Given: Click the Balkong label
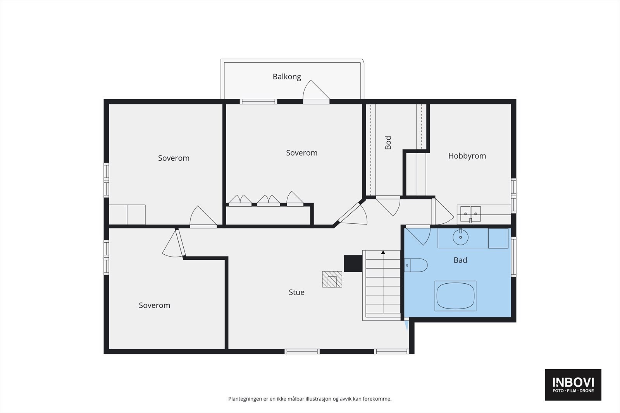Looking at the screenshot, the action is (x=287, y=77).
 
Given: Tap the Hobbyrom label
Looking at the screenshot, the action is (x=467, y=156).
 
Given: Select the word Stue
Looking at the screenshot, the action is (x=296, y=292).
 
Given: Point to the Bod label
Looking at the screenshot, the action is (x=388, y=143).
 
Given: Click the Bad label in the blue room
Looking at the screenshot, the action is (x=460, y=260).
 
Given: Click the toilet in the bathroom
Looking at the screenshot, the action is (x=415, y=266).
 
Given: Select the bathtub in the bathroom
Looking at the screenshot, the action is (x=455, y=296).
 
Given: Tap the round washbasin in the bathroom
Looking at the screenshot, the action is (x=461, y=237).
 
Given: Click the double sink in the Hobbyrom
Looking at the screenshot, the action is (x=470, y=214).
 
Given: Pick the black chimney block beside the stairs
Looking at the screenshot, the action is (x=353, y=264).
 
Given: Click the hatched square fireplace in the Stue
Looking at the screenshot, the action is (x=332, y=279).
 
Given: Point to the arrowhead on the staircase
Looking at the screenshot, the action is (x=383, y=252).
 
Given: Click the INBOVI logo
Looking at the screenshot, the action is (x=573, y=385).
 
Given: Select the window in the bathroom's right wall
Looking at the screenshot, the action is (x=513, y=257).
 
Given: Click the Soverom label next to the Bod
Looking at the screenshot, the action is (x=302, y=153).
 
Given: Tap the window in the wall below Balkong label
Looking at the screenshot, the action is (x=258, y=101).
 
